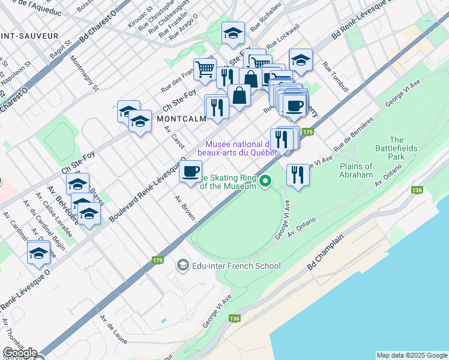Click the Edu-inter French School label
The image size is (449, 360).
tap(236, 265)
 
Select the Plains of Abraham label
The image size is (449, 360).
tap(364, 170)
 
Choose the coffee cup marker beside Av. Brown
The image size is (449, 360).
tap(191, 172)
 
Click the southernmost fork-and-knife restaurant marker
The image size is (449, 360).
tap(298, 175)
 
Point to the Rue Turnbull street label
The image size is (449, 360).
tap(334, 77)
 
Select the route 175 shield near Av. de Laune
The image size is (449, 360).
tap(157, 260)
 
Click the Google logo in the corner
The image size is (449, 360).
tap(19, 353)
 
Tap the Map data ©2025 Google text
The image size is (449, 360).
tap(411, 355)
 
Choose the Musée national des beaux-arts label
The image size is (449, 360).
tap(242, 148)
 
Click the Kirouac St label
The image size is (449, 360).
tap(137, 12)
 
